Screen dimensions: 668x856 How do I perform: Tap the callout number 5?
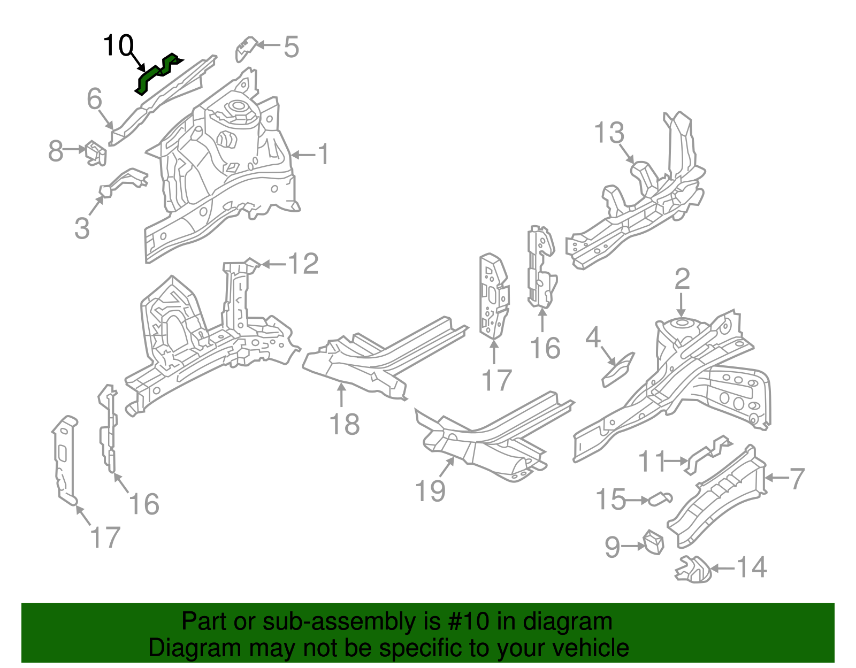point(291,47)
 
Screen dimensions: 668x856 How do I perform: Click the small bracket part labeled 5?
point(246,48)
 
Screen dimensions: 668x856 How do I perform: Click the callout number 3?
point(82,228)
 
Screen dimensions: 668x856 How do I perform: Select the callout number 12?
point(303,264)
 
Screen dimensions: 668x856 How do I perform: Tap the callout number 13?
point(609,133)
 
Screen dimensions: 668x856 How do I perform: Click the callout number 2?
point(682,279)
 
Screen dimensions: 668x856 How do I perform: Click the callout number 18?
point(344,424)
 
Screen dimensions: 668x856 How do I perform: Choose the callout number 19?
point(430,490)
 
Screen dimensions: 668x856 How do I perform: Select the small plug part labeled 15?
point(659,499)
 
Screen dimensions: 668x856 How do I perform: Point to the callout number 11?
point(652,461)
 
